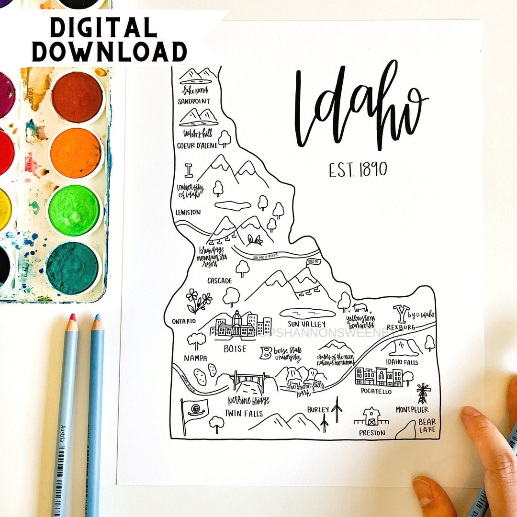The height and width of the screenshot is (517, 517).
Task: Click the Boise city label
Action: (235, 349)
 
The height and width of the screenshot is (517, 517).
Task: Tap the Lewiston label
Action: (188, 212)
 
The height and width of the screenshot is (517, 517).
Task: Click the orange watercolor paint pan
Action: (76, 153)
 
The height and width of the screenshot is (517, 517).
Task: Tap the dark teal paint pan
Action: (73, 268)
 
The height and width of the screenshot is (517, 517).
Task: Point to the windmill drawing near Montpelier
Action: (422, 393)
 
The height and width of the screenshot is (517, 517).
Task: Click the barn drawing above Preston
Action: (371, 416)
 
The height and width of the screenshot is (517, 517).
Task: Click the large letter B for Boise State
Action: (265, 354)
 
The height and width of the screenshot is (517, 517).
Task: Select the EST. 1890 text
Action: (358, 169)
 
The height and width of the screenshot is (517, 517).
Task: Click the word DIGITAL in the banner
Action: (103, 28)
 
